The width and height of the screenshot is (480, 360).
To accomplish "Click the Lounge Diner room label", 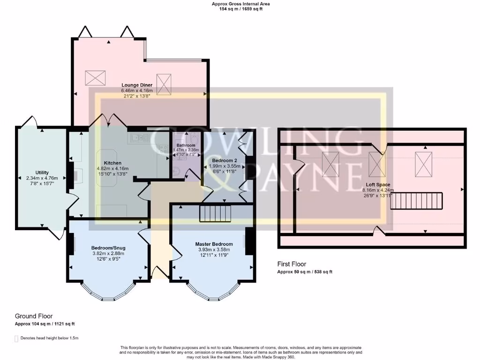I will point(139,85).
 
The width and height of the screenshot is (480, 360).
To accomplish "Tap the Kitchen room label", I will point(112,163).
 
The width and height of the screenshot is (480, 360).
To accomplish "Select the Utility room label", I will point(42,172).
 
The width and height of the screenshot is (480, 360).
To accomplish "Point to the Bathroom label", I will point(186,145).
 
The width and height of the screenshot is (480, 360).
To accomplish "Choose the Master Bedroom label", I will point(214,244).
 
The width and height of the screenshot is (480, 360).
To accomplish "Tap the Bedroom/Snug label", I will point(108,247).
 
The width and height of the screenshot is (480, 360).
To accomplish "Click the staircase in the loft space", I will point(417,201).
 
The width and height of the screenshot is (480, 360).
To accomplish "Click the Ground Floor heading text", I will point(33,316).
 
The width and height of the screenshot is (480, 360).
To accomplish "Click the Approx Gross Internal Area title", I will point(241,4).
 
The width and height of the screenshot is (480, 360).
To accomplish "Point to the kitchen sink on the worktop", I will point(138,138).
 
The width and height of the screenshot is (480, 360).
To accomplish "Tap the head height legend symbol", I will point(16,338).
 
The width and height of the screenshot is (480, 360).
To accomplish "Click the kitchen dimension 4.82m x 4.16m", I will point(112,168).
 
